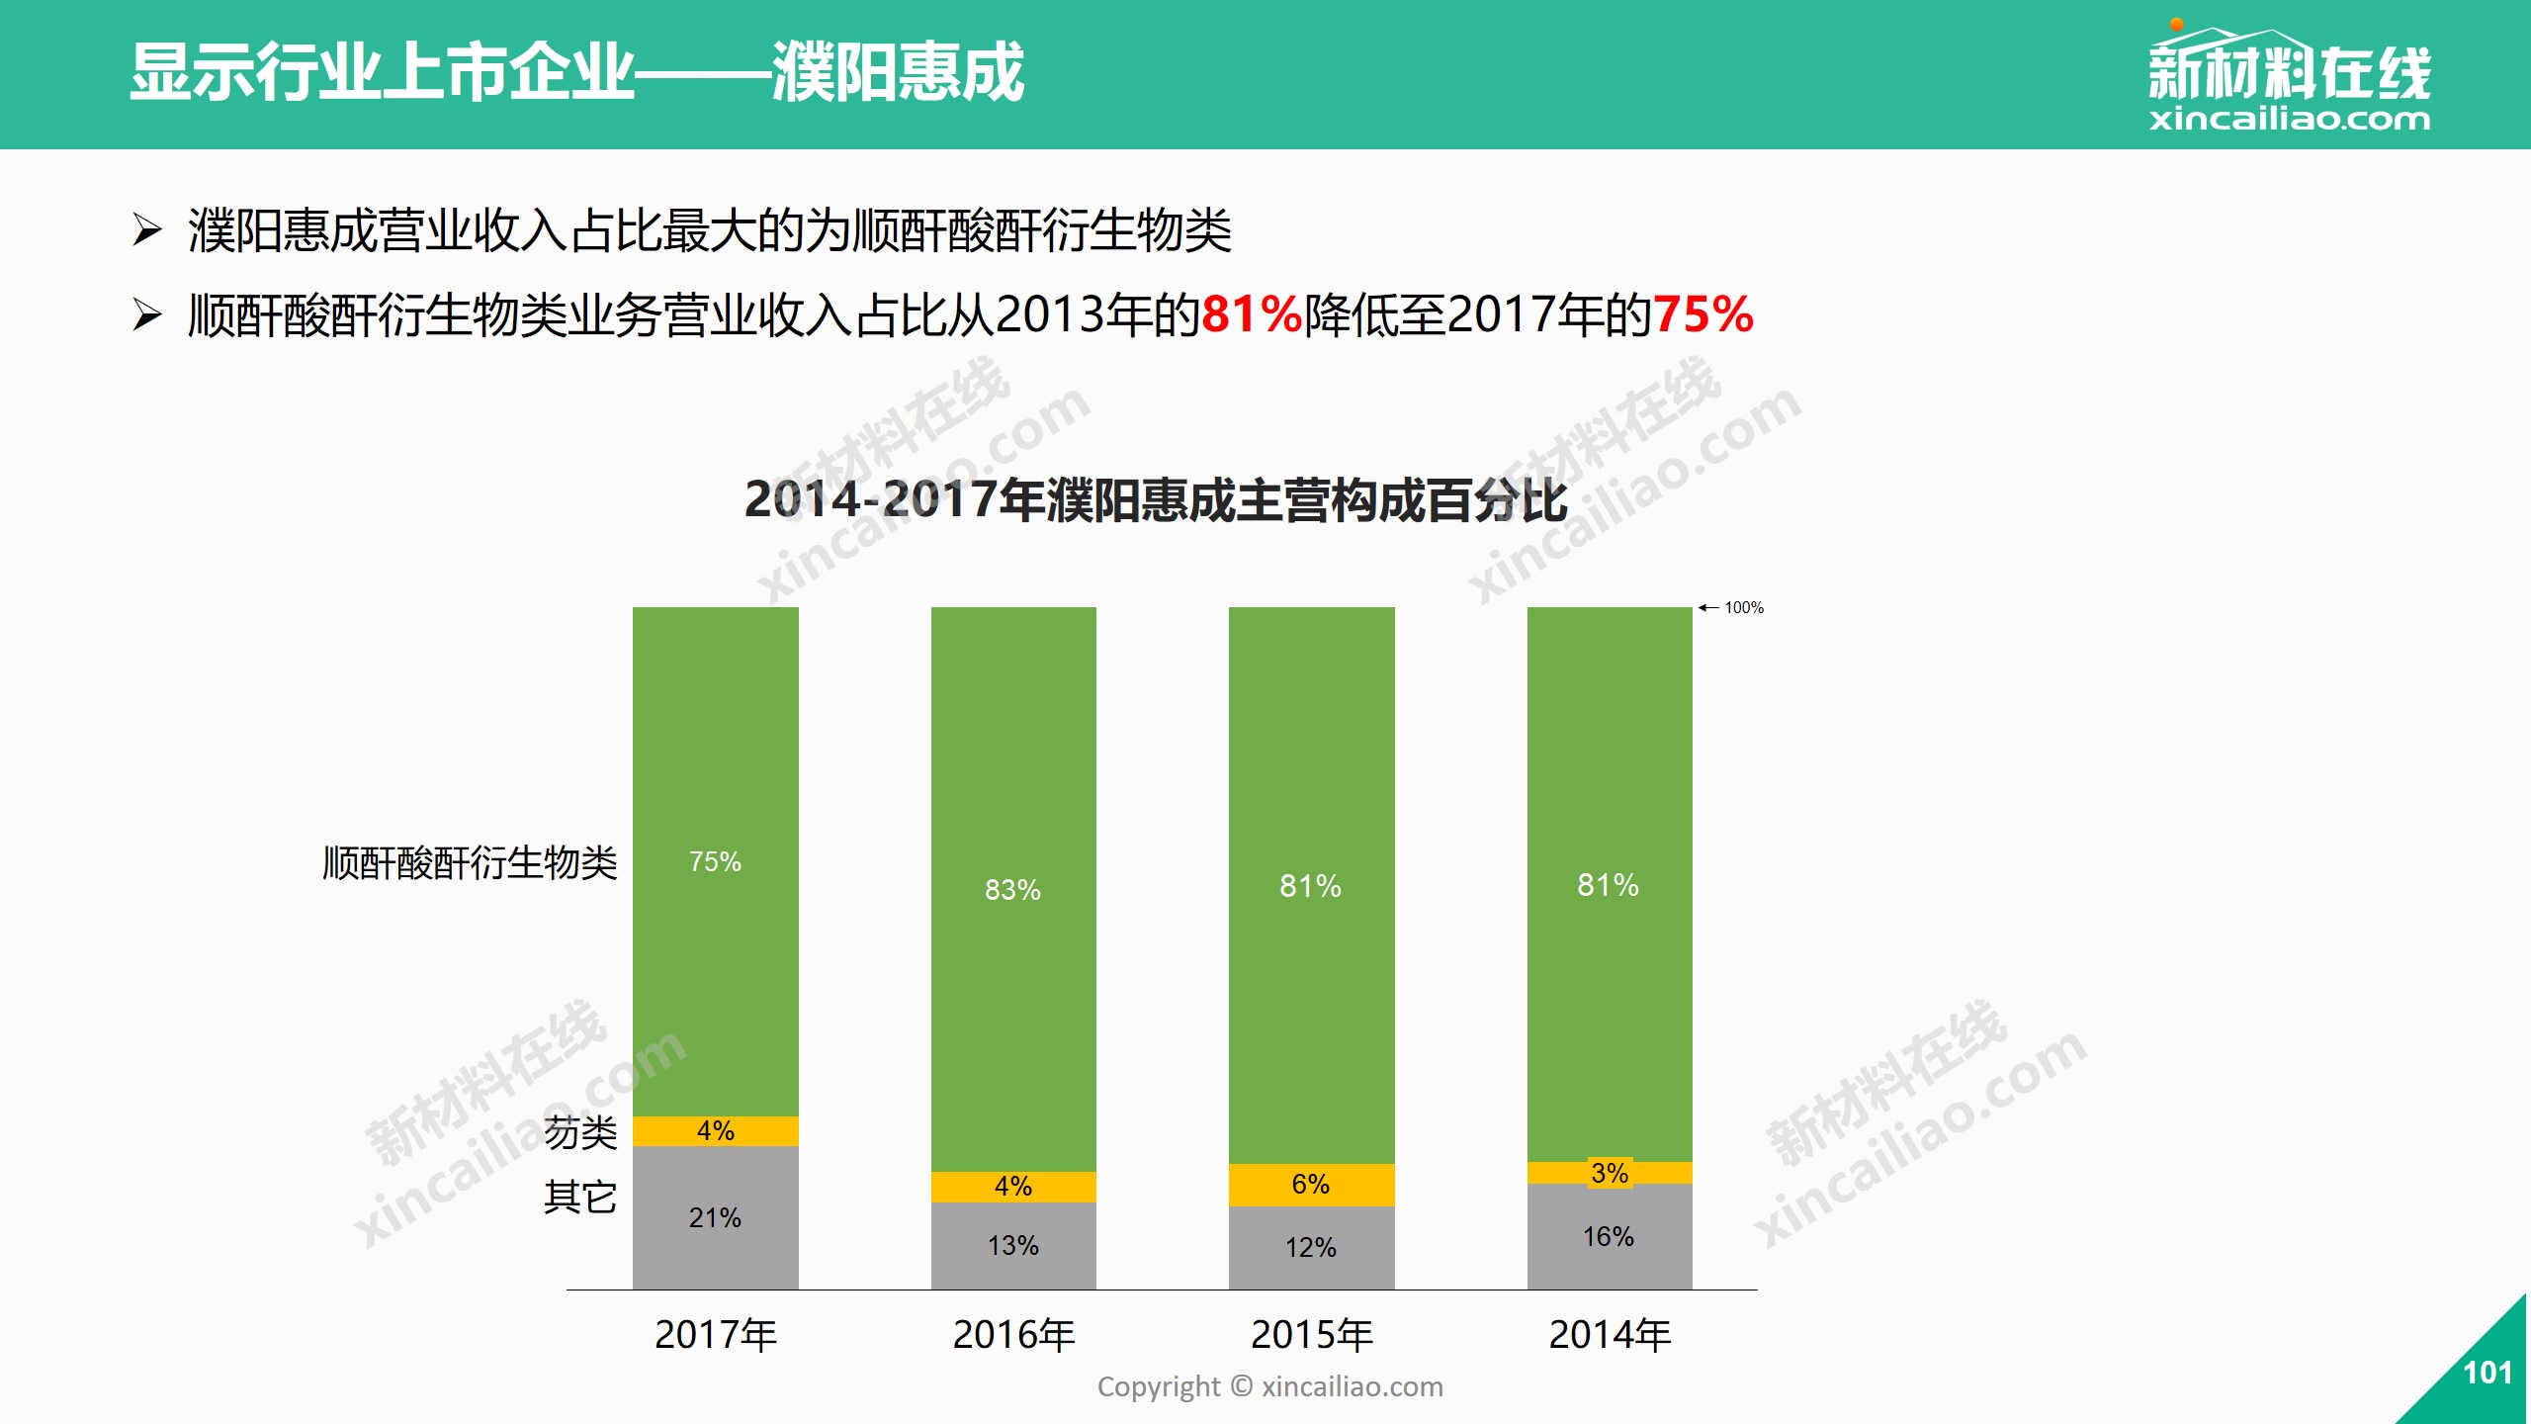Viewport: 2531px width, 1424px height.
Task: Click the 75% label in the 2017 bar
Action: pyautogui.click(x=715, y=861)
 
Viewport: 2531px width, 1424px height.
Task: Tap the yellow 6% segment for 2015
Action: pyautogui.click(x=1311, y=1184)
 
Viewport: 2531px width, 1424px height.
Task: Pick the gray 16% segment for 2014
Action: pyautogui.click(x=1609, y=1236)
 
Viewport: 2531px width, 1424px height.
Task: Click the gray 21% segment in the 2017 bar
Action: pyautogui.click(x=715, y=1217)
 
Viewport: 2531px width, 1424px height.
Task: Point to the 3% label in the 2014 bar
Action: pyautogui.click(x=1610, y=1173)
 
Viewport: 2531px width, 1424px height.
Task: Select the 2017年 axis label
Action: pyautogui.click(x=716, y=1335)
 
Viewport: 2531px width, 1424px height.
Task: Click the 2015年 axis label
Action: pyautogui.click(x=1312, y=1335)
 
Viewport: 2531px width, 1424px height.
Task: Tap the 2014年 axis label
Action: pyautogui.click(x=1610, y=1335)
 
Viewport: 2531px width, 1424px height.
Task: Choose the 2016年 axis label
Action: pyautogui.click(x=1013, y=1335)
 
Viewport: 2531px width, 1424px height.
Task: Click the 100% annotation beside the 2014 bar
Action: pyautogui.click(x=1743, y=607)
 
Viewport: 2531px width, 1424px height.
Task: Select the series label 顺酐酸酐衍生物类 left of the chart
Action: pyautogui.click(x=470, y=862)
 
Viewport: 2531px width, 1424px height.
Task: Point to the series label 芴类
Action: pyautogui.click(x=580, y=1132)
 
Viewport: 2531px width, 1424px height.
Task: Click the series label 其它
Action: pyautogui.click(x=580, y=1198)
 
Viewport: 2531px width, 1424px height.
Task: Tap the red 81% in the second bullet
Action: pyautogui.click(x=1251, y=315)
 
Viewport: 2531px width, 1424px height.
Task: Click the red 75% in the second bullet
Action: pyautogui.click(x=1702, y=315)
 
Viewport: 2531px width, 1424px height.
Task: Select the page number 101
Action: pyautogui.click(x=2487, y=1373)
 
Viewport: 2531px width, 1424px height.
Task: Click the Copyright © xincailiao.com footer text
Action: pyautogui.click(x=1269, y=1386)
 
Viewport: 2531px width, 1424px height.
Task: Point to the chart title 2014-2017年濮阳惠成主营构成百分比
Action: pyautogui.click(x=1155, y=499)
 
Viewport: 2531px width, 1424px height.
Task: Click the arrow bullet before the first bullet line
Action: pyautogui.click(x=147, y=230)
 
